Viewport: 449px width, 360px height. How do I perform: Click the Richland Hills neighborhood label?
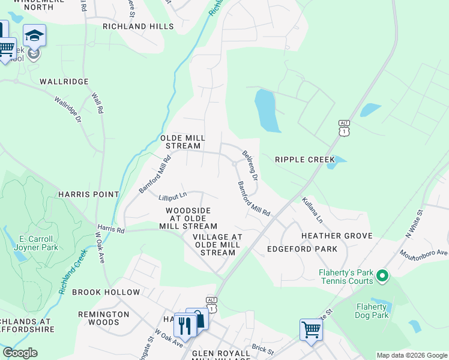(138, 26)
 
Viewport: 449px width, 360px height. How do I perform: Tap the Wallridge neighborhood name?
(64, 81)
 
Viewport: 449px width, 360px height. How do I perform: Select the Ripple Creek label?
(303, 160)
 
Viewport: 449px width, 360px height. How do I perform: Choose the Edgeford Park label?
(302, 248)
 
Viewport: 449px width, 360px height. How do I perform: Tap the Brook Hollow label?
(106, 292)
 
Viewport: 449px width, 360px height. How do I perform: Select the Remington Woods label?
(104, 318)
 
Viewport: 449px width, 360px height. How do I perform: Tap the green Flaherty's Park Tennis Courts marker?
(382, 277)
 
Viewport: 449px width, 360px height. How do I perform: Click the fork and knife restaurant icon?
(185, 325)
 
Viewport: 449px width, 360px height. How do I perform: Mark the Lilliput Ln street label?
(173, 195)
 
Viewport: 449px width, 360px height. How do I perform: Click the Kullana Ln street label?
(312, 210)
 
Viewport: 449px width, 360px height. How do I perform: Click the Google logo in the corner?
(20, 353)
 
